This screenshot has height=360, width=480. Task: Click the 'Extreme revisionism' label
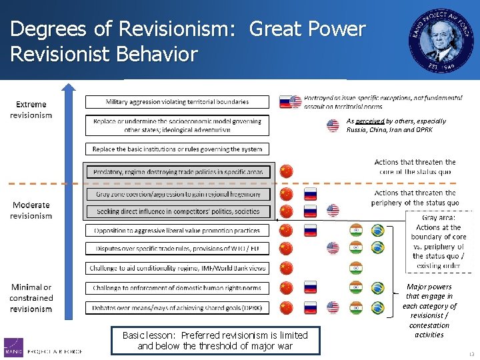tap(31, 109)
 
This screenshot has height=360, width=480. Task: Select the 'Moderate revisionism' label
tap(31, 210)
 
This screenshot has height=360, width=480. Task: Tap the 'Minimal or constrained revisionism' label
tap(31, 298)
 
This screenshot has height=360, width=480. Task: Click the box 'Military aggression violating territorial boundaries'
tap(177, 102)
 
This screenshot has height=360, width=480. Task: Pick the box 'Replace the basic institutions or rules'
tap(177, 149)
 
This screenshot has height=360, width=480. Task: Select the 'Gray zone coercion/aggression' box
tap(177, 195)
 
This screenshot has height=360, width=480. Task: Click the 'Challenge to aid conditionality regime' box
tap(177, 268)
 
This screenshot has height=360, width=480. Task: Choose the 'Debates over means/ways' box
tap(177, 308)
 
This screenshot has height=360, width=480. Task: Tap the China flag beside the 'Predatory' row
tap(286, 171)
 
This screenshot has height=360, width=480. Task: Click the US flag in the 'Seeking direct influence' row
tap(333, 211)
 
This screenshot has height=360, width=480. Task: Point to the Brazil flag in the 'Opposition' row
tap(377, 231)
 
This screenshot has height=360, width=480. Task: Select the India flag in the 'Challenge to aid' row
tap(356, 268)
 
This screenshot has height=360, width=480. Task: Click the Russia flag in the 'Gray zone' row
tap(310, 195)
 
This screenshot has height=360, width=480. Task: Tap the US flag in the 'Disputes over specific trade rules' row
tap(333, 249)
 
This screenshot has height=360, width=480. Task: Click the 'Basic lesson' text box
tap(215, 340)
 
